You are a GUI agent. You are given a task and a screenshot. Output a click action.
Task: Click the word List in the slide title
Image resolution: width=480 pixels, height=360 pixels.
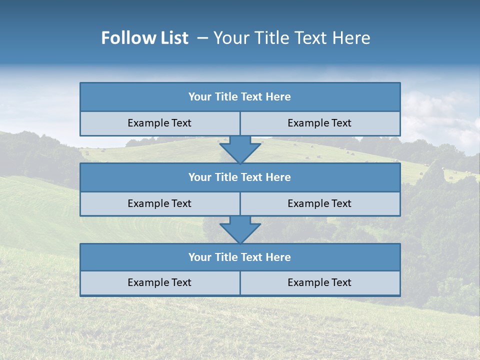click(172, 38)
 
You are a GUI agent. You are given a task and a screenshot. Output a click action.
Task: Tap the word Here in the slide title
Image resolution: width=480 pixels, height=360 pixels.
click(352, 38)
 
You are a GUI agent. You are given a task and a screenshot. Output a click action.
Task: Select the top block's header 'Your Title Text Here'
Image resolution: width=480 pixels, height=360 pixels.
click(240, 97)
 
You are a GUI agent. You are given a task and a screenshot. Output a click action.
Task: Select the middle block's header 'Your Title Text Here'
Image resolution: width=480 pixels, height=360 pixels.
click(240, 177)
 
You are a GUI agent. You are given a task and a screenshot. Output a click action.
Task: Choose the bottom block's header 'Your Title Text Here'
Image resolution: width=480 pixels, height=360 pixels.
click(240, 257)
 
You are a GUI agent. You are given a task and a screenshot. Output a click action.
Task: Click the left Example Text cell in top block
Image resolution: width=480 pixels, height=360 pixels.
click(159, 123)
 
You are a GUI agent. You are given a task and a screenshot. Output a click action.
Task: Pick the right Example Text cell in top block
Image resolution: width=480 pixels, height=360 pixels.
click(319, 123)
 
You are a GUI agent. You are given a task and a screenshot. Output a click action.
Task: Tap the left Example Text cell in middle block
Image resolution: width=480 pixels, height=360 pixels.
click(159, 203)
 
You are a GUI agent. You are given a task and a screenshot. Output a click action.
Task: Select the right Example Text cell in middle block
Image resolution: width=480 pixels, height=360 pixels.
click(319, 203)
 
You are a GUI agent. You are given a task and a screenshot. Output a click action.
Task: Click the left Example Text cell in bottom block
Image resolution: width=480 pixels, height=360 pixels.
click(159, 282)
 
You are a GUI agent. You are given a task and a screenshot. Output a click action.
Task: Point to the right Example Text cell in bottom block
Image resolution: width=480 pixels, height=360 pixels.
click(319, 282)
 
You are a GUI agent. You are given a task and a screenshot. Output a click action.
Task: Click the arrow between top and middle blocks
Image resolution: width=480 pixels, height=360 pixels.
click(240, 149)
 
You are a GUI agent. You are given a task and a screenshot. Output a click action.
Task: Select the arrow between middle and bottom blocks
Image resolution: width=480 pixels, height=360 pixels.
click(240, 229)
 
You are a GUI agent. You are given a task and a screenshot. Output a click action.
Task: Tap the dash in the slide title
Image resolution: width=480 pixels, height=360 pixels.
click(202, 38)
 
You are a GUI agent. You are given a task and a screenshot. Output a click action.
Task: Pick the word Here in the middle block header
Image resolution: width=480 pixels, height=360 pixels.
click(278, 177)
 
